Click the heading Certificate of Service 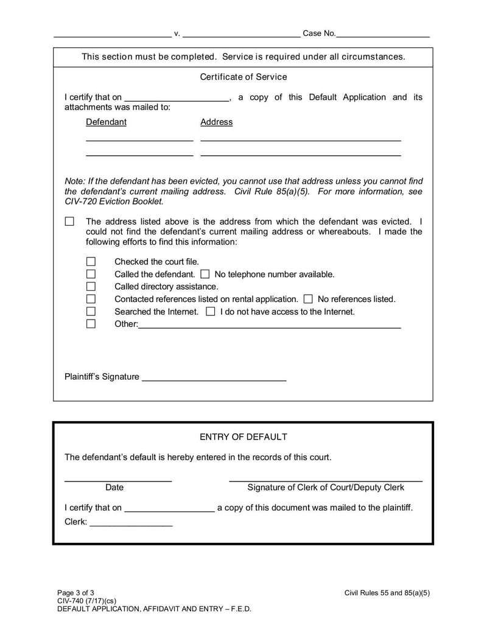243,77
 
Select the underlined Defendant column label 107,122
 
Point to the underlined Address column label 217,122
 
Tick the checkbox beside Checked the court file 91,262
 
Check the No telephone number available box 205,275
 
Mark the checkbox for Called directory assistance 91,287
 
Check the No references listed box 308,299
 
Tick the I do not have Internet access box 211,312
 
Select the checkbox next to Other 91,324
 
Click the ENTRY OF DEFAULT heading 243,437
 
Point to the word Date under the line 114,488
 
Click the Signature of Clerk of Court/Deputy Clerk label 326,488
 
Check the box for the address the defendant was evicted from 69,222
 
